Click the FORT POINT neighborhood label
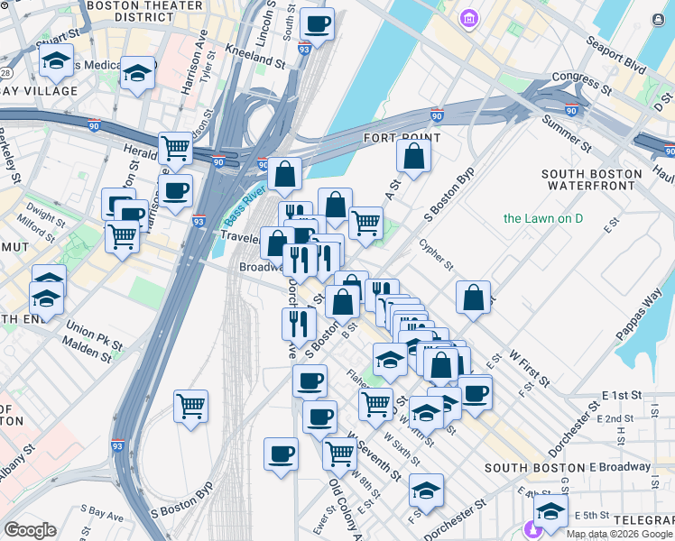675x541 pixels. tap(402, 138)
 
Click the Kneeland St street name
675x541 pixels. tap(255, 55)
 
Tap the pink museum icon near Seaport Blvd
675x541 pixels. tap(469, 19)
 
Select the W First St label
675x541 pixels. tap(529, 368)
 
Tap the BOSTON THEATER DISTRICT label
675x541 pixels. tap(131, 11)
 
